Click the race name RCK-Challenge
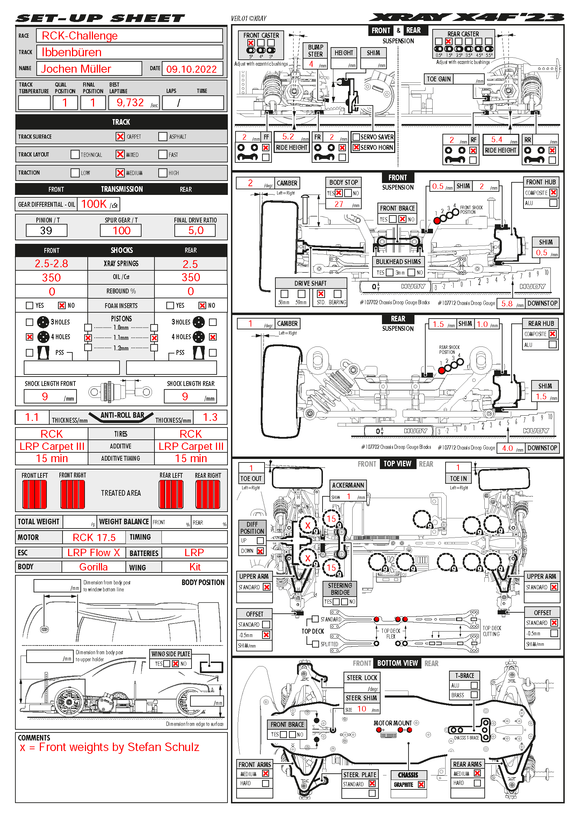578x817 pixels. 80,36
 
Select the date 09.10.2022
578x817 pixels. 192,69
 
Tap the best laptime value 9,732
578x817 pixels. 130,103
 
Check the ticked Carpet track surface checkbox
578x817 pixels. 120,137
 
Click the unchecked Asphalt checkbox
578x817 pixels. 163,137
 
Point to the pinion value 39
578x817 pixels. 46,231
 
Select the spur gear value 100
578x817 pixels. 121,231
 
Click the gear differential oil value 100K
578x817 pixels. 94,204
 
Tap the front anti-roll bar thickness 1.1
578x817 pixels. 32,417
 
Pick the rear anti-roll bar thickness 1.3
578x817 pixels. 210,417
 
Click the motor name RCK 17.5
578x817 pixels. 94,537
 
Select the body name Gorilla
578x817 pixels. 93,567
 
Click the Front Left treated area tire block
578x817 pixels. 35,494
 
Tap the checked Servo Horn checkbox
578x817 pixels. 356,147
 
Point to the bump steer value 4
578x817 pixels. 311,64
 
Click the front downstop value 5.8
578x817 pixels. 507,304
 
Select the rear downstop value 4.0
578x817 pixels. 507,448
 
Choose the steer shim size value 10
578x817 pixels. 362,709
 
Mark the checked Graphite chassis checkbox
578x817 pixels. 421,785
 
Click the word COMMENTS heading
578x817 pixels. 34,738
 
